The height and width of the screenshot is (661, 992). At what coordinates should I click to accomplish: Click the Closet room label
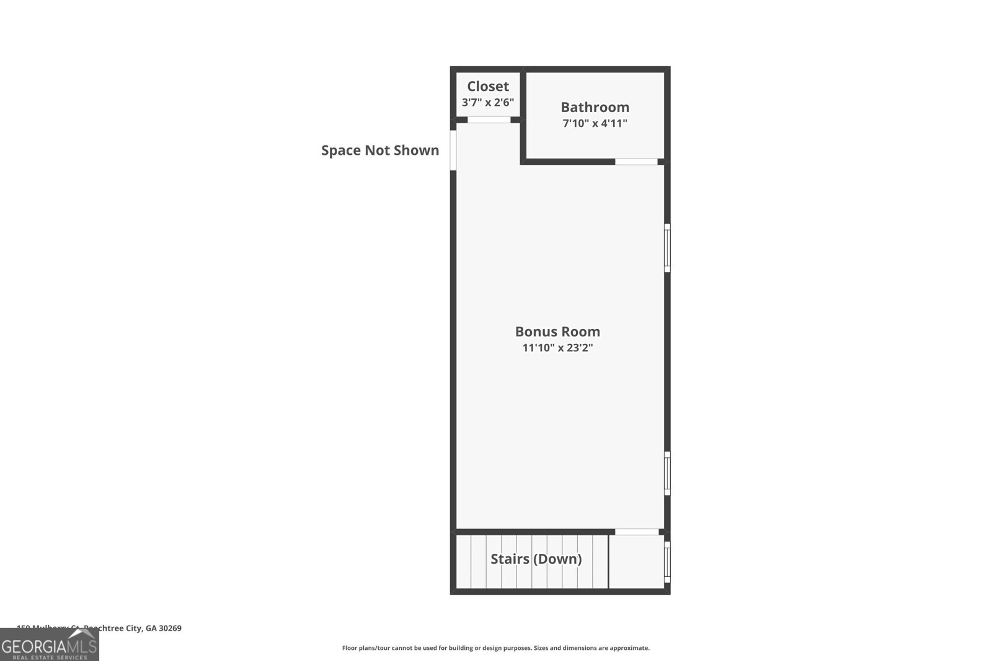488,86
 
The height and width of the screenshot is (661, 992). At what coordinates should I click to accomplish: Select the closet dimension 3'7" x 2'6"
488,102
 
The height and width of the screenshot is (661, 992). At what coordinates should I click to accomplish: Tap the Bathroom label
595,107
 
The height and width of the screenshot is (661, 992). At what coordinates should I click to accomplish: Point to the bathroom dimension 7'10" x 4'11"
595,123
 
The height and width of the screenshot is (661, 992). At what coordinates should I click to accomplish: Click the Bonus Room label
557,331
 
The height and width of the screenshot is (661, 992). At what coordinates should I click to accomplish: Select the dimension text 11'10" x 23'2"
557,348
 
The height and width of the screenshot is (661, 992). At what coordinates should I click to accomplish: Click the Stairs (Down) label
536,559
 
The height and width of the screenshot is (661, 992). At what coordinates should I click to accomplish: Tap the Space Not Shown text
379,150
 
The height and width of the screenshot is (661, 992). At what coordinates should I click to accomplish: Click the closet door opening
489,120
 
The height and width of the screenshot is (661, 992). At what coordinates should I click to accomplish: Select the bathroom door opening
636,162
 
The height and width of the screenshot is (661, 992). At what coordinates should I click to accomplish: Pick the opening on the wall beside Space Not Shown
453,150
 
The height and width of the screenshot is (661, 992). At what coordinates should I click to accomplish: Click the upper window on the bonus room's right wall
667,247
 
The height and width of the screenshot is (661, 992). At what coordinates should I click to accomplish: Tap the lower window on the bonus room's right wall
667,473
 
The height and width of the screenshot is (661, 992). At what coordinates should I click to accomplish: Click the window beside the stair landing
667,562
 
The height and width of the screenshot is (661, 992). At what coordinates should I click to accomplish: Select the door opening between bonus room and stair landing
637,532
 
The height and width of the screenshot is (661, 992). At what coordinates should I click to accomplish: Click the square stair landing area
636,561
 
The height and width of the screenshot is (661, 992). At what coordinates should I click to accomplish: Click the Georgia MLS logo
49,645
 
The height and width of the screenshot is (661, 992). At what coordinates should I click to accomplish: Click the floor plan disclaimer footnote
495,648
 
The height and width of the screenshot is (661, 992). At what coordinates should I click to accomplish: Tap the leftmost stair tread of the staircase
464,561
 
